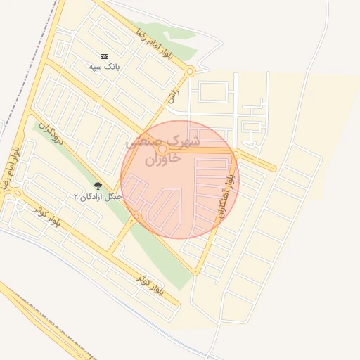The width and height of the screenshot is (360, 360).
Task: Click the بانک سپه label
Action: pyautogui.click(x=105, y=66)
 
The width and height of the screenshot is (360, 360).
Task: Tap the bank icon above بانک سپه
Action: pyautogui.click(x=105, y=56)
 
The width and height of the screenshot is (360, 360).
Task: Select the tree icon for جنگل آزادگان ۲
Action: pyautogui.click(x=98, y=186)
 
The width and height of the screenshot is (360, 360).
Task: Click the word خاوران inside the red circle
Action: pyautogui.click(x=163, y=160)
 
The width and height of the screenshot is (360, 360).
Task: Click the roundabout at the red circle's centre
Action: pyautogui.click(x=162, y=149)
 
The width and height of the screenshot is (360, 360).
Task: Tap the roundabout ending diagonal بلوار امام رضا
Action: pyautogui.click(x=190, y=71)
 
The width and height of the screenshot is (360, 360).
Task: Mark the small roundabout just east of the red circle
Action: pyautogui.click(x=236, y=153)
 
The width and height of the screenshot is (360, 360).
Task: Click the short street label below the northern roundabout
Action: pyautogui.click(x=171, y=98)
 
